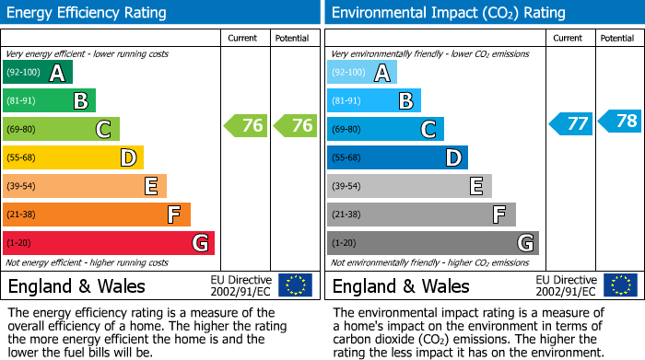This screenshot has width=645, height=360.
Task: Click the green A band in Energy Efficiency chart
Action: [x=38, y=73]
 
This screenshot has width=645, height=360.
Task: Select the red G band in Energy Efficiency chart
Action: [x=109, y=243]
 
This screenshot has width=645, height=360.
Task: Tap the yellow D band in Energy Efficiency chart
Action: [x=74, y=157]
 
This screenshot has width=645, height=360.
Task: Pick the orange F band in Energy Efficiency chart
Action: [x=97, y=215]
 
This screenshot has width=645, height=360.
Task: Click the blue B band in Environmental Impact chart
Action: [x=374, y=100]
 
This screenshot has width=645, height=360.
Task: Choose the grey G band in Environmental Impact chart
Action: [x=433, y=243]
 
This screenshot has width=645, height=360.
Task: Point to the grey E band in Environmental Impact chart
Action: [x=409, y=186]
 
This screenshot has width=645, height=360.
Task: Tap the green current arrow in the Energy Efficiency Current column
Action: [x=246, y=126]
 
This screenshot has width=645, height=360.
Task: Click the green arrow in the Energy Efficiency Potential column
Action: [x=295, y=126]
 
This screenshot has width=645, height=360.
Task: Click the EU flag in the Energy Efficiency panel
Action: [x=295, y=285]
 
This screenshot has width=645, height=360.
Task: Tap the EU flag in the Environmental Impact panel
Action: [x=619, y=285]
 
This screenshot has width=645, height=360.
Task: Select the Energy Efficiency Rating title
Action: [x=88, y=13]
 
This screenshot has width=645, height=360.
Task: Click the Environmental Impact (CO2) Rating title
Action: [x=447, y=13]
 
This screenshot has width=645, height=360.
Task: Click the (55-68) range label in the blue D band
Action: [x=348, y=158]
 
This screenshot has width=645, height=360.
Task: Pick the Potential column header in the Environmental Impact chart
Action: [x=617, y=38]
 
